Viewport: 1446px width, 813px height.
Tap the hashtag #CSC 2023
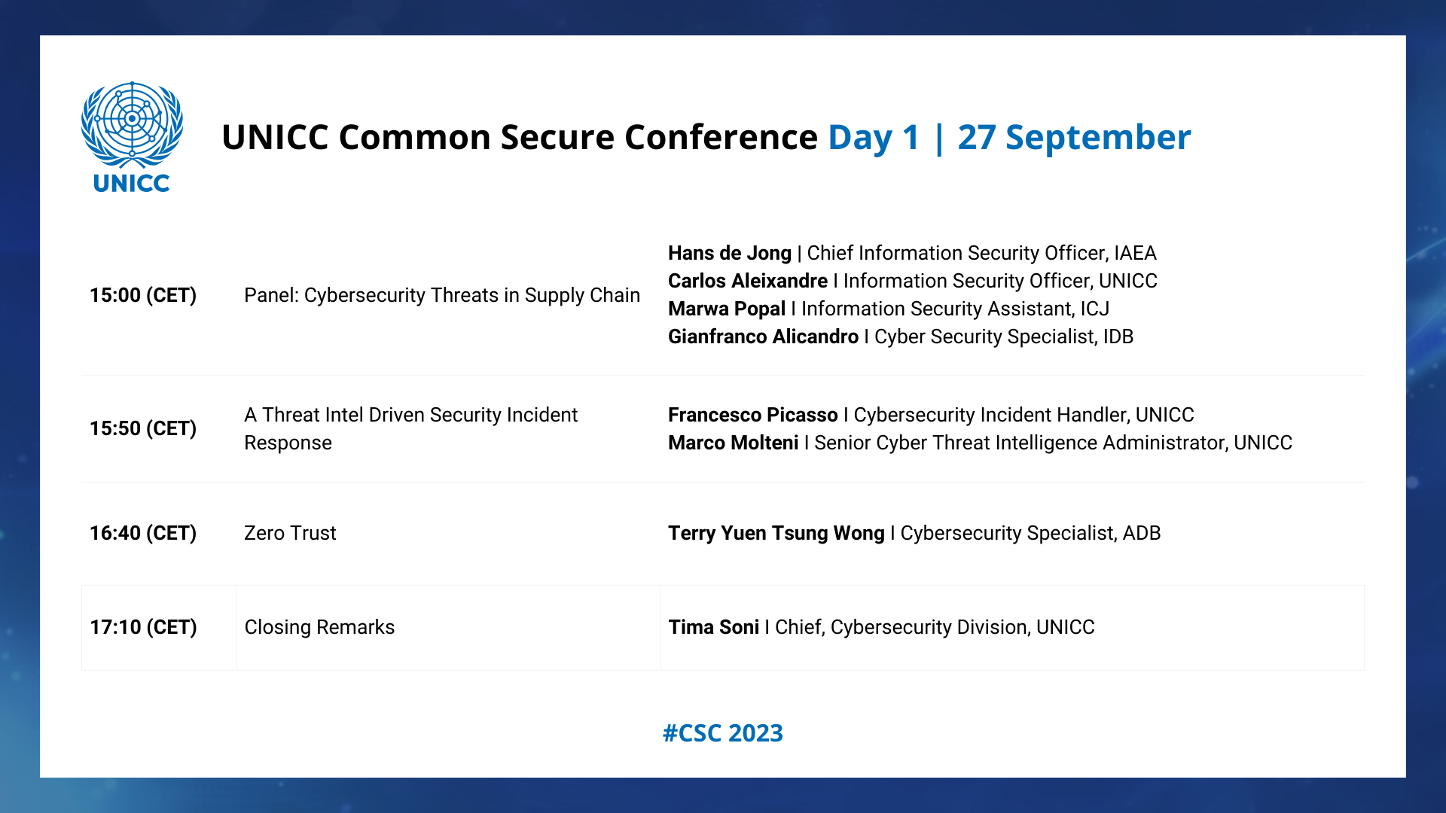723,733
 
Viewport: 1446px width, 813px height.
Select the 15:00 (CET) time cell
143,295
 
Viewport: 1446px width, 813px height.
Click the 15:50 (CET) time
143,428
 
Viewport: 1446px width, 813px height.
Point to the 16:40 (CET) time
143,533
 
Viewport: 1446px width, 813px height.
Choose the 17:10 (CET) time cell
143,627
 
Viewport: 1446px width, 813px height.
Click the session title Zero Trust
290,533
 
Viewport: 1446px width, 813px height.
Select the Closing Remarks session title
319,627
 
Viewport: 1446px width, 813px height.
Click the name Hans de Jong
730,253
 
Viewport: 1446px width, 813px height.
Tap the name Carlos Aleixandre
748,281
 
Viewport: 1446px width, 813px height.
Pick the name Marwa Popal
727,309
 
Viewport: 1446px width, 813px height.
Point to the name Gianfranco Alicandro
763,336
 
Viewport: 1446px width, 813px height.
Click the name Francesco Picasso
753,415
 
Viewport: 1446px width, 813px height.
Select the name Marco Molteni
734,443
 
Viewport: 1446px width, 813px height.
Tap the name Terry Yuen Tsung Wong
776,533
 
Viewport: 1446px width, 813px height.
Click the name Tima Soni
714,627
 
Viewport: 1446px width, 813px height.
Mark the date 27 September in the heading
1074,138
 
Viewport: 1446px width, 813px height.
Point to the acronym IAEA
1135,253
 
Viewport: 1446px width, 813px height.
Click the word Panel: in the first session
271,295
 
